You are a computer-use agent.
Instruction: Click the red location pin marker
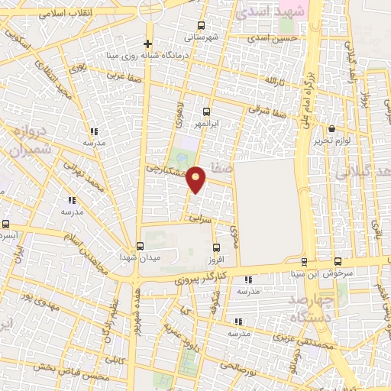(196, 179)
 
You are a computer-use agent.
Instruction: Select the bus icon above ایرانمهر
(206, 111)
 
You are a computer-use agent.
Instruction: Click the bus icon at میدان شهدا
(139, 246)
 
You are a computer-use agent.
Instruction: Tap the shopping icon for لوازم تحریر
(331, 129)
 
